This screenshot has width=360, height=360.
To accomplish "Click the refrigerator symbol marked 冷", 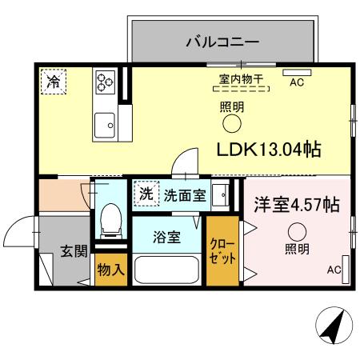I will click(54, 81).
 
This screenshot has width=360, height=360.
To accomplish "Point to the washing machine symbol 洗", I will click(146, 194).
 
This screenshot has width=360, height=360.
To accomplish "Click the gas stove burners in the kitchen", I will click(106, 82).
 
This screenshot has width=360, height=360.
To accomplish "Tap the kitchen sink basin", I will click(104, 123).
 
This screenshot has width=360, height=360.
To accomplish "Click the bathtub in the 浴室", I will click(166, 268).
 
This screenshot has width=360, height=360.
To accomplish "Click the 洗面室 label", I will click(186, 194).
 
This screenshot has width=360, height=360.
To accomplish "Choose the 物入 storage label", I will click(110, 270).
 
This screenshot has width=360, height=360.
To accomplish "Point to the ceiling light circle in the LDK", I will click(231, 123).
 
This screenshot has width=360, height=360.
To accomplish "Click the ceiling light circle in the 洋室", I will click(297, 231).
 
